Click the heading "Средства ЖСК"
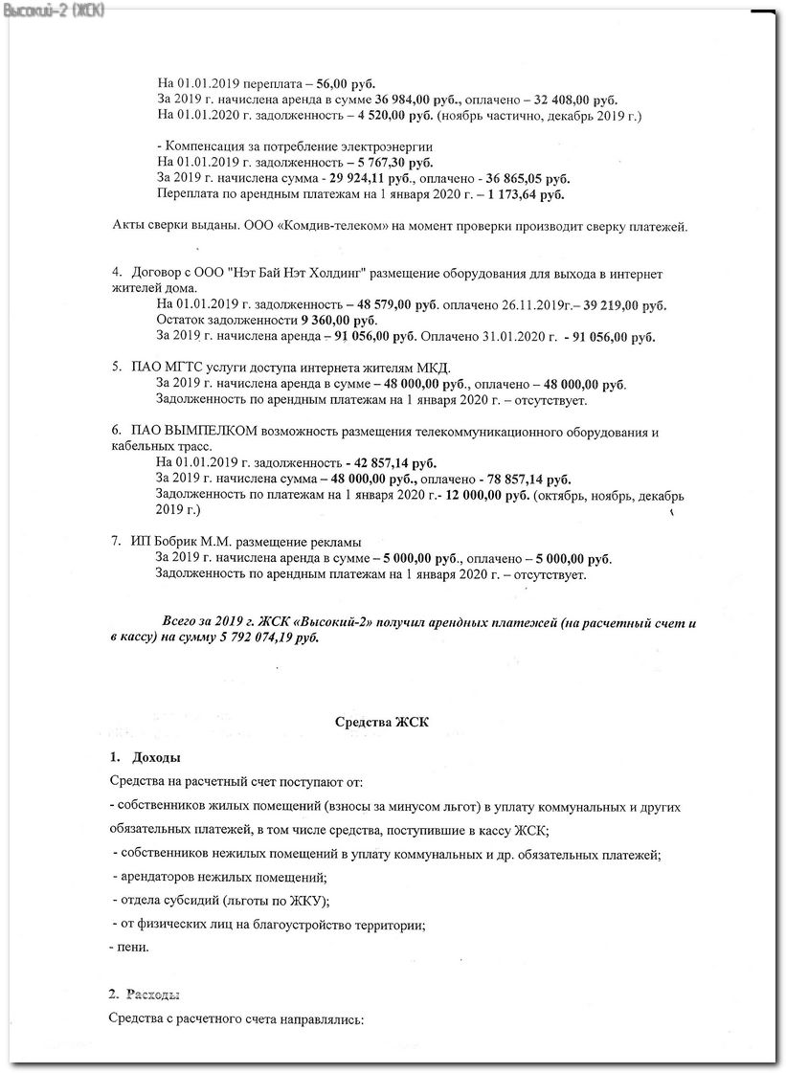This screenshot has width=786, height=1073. pyautogui.click(x=381, y=723)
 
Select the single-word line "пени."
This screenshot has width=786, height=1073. pyautogui.click(x=131, y=948)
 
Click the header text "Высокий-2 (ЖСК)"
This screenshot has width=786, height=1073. pyautogui.click(x=55, y=10)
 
